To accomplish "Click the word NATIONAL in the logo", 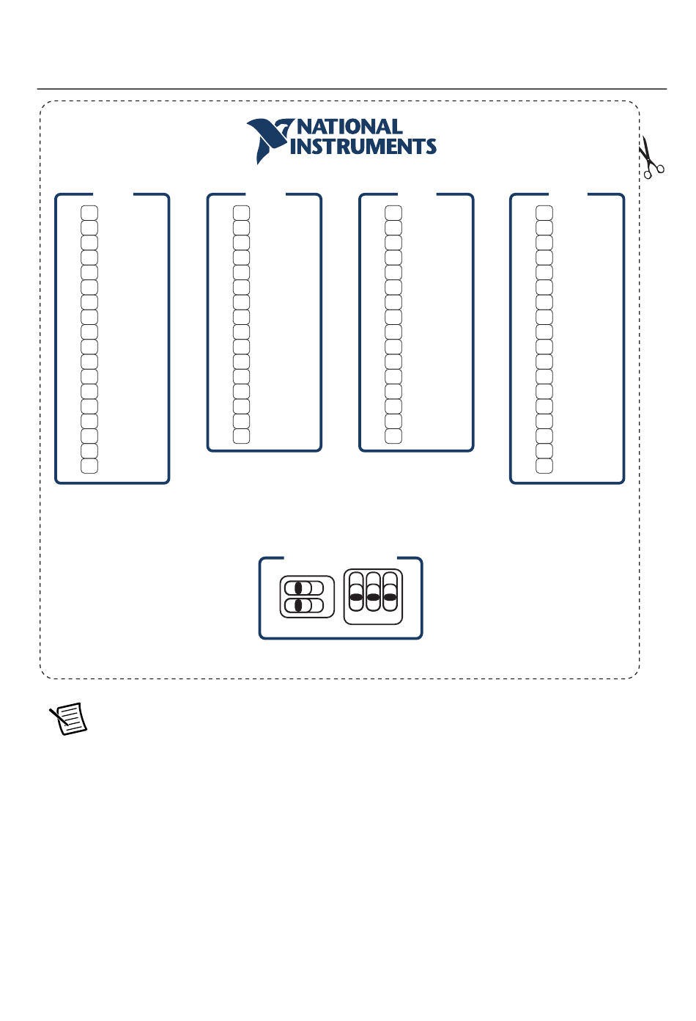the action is click(x=349, y=127).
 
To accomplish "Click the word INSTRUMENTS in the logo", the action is click(x=363, y=146).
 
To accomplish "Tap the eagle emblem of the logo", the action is click(x=270, y=140).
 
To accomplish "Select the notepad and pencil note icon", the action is click(x=68, y=718).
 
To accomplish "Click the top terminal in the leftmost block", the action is click(x=89, y=213).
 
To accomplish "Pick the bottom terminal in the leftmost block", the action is click(x=89, y=466).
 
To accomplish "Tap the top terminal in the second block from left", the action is click(x=241, y=213).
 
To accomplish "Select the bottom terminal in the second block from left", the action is click(x=241, y=436).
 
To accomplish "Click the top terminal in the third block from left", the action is click(x=393, y=213).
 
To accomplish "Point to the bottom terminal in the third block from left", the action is click(x=393, y=436).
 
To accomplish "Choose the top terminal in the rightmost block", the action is click(x=544, y=213).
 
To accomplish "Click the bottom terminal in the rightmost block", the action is click(x=544, y=466).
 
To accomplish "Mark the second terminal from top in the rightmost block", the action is click(x=544, y=227).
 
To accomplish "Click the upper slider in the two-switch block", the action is click(x=304, y=588).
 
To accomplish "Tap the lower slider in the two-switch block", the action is click(x=304, y=605).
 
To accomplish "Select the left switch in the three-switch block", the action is click(x=356, y=592).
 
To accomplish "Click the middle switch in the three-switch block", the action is click(x=373, y=592).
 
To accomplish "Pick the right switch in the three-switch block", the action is click(x=390, y=592).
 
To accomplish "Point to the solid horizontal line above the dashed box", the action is click(x=352, y=89).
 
